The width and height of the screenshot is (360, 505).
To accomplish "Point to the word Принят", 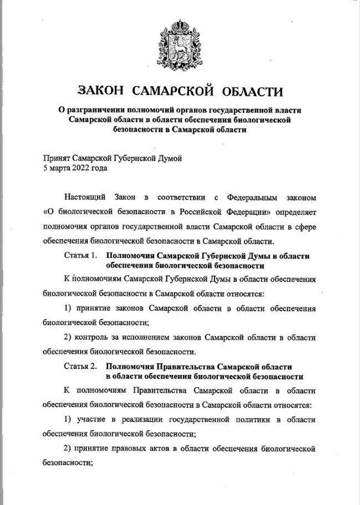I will coord(56,159).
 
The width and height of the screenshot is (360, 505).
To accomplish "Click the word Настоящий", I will coord(85,197).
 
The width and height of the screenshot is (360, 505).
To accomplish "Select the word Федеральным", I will coord(251,197).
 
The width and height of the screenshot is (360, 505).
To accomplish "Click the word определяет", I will coord(296,212).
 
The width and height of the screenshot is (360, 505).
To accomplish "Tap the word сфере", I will coord(305,227).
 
